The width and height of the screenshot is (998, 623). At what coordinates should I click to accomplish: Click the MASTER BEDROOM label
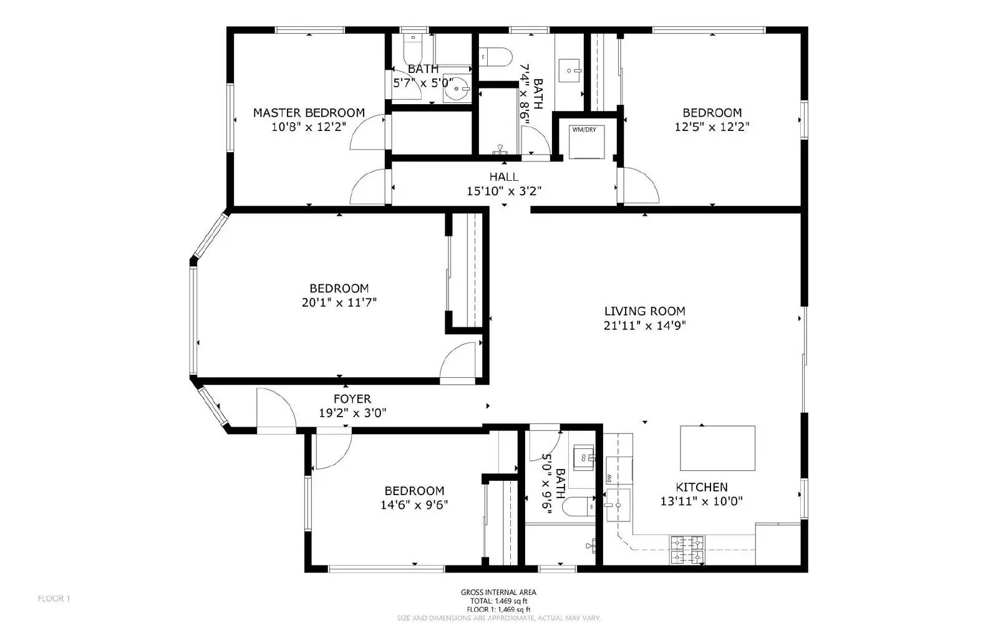coord(309,113)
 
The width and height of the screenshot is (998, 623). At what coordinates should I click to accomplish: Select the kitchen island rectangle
coord(717,448)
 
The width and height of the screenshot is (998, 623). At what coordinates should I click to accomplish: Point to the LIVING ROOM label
coord(644,311)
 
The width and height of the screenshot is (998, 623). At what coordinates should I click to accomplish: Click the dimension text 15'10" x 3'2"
coord(503,191)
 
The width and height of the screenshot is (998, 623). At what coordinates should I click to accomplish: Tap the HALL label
coord(503,177)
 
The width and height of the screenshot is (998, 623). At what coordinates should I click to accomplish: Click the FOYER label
coord(352,398)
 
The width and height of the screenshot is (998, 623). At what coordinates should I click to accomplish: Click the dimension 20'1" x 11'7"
coord(339,302)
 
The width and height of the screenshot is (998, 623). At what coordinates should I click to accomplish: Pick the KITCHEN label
coord(701,487)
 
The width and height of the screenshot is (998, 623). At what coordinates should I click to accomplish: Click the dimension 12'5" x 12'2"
coord(712,127)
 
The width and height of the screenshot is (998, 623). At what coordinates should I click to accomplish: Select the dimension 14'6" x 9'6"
coord(414,505)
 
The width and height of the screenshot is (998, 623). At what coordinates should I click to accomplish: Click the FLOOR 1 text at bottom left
coord(54,599)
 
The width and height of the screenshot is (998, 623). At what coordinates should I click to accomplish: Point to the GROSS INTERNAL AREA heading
coord(498,592)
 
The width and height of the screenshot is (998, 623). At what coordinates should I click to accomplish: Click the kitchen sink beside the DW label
coord(618,504)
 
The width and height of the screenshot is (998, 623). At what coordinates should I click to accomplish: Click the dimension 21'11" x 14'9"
coord(644,326)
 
